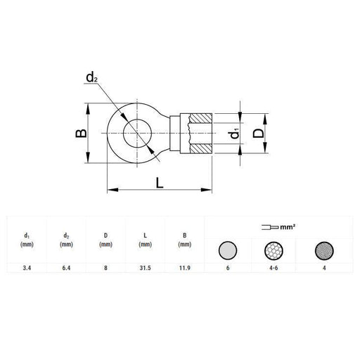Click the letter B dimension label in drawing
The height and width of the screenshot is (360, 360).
tap(82, 133)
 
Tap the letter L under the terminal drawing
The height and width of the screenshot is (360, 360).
tap(159, 184)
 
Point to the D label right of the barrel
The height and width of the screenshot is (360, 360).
tap(259, 133)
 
